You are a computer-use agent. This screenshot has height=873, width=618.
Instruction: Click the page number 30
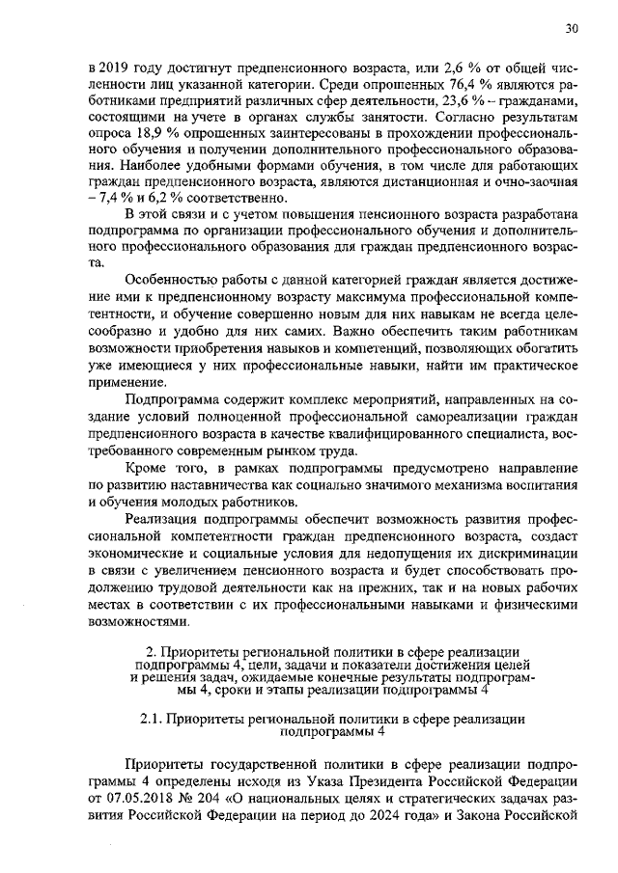572,30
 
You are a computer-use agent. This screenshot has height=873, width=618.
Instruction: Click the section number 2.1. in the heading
153,718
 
